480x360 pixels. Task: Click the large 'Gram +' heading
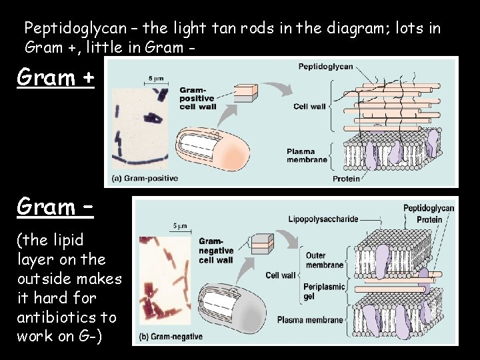(x=56, y=78)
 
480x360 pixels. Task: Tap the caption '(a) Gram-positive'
(x=144, y=179)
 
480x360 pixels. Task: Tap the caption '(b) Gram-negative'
(x=171, y=337)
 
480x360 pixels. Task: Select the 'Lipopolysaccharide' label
(x=323, y=219)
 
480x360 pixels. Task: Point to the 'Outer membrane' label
(x=325, y=260)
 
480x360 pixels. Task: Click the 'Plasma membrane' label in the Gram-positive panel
(x=307, y=155)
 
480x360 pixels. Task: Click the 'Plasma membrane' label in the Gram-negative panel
(x=310, y=319)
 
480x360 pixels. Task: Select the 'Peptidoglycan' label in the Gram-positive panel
(x=326, y=67)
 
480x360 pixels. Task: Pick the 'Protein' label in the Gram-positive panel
(x=346, y=178)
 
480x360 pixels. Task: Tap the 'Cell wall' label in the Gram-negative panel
(x=280, y=275)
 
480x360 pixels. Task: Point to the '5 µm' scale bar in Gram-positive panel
(x=155, y=81)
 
